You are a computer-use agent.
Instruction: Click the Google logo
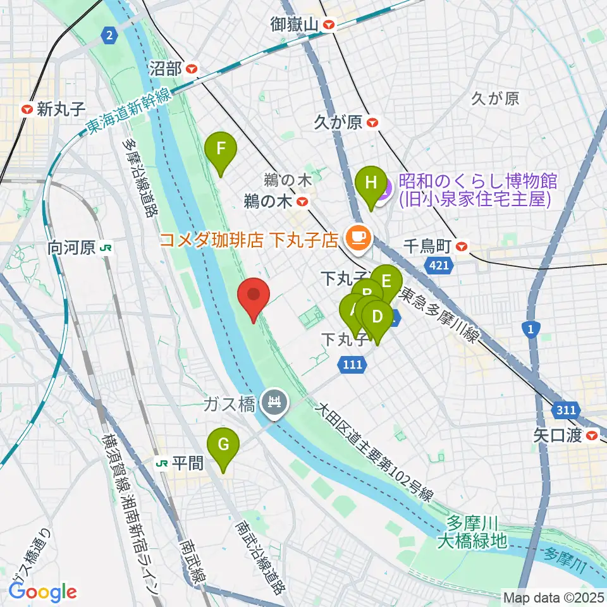tap(43, 591)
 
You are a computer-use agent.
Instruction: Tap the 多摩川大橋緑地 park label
tap(475, 532)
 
